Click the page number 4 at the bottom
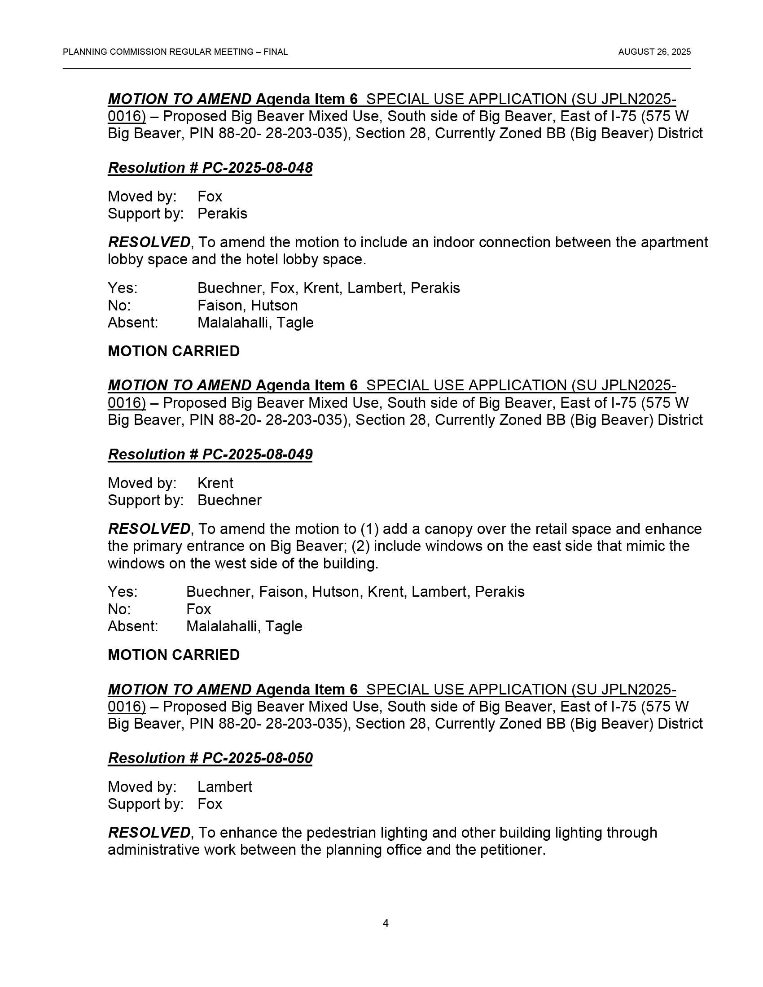click(x=385, y=923)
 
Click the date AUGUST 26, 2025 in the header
click(x=654, y=52)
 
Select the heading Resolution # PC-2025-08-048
click(x=210, y=168)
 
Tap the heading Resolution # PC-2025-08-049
click(x=210, y=454)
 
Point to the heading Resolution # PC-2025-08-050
click(x=210, y=758)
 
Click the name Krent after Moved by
click(x=215, y=483)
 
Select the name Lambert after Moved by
click(x=225, y=787)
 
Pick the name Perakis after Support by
click(x=222, y=213)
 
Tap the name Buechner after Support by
click(x=229, y=500)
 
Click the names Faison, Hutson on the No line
click(x=247, y=306)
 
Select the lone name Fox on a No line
click(x=198, y=609)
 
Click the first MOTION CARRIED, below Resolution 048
click(x=174, y=351)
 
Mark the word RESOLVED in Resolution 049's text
click(x=149, y=529)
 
